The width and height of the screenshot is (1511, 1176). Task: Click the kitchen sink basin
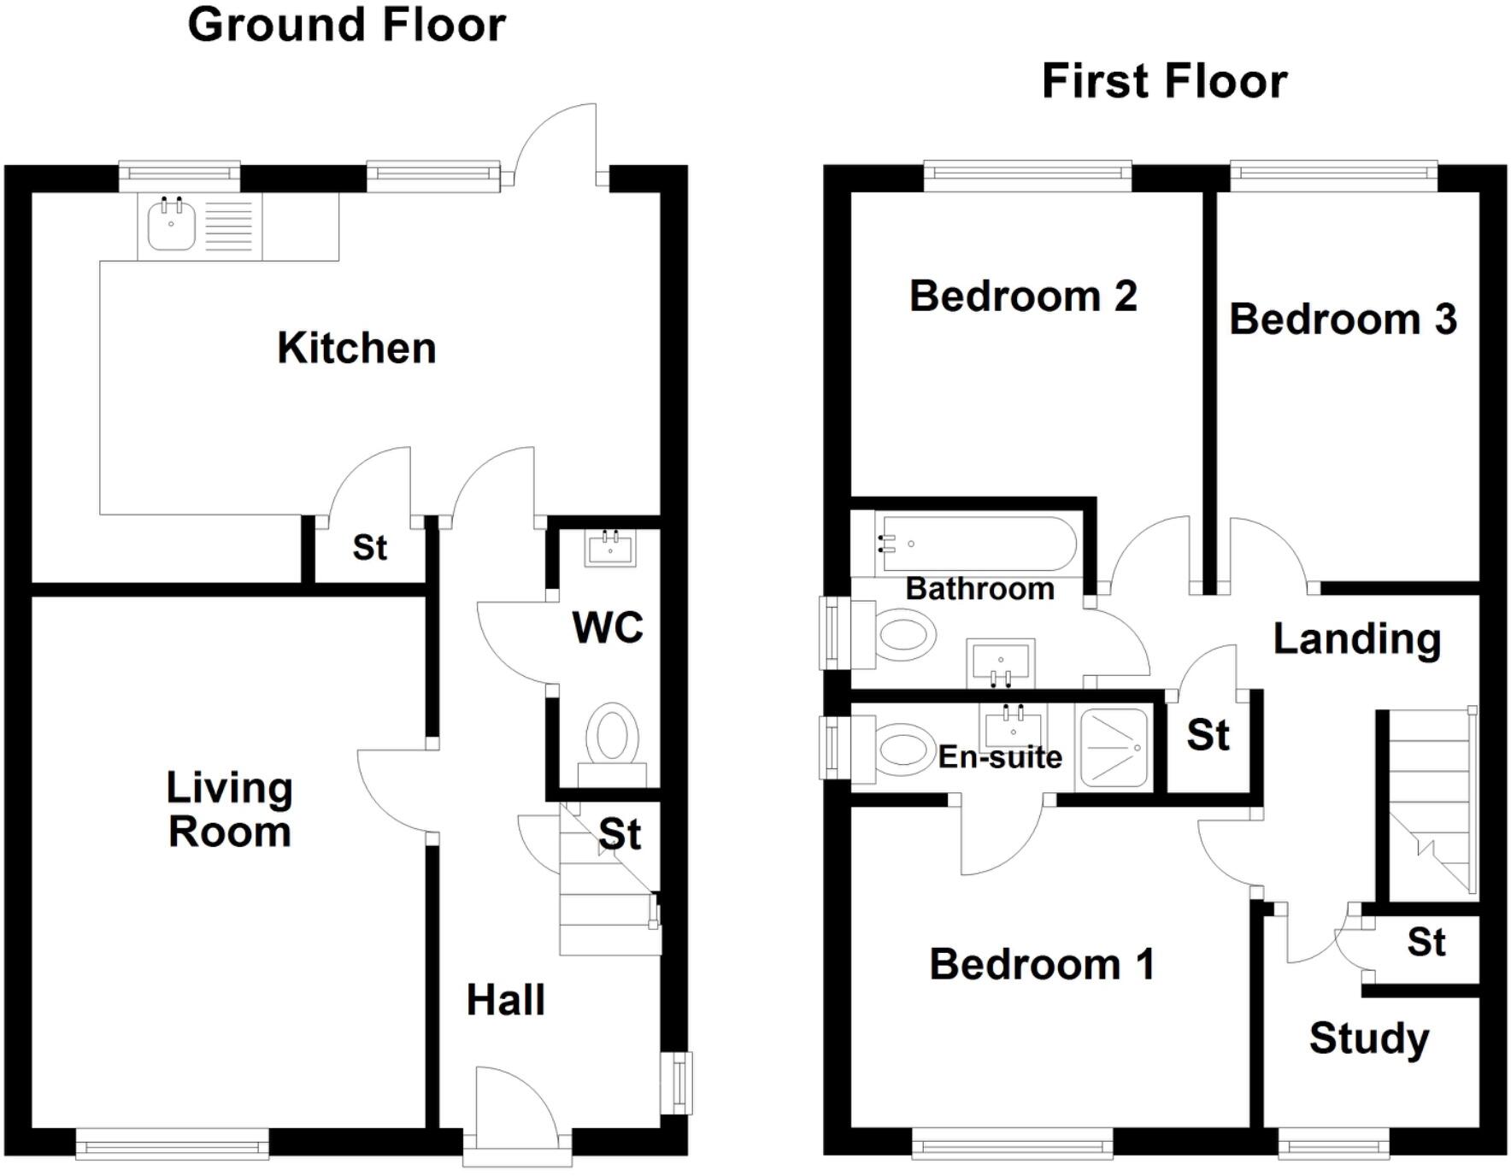171,225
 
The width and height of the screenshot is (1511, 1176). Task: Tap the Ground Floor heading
346,25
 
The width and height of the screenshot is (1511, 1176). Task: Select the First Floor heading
1164,82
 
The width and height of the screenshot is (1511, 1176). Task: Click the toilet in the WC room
613,738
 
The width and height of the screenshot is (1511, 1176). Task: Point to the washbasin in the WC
610,548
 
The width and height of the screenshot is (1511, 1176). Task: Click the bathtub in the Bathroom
976,544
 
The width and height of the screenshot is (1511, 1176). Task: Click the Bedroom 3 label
1343,320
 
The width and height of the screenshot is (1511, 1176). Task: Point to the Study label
1368,1038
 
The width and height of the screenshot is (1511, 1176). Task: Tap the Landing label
1356,639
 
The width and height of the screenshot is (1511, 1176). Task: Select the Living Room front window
172,1144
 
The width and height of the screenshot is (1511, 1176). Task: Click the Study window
1333,1144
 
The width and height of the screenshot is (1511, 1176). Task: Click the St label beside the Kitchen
369,548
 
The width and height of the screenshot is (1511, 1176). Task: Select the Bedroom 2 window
1027,176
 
